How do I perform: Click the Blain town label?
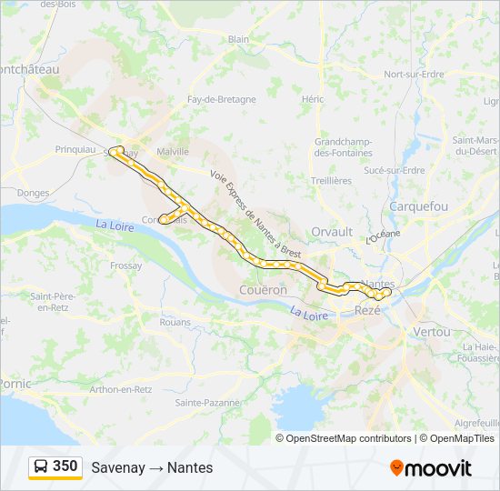[x=238, y=39]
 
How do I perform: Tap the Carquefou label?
[x=418, y=206]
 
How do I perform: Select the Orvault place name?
[x=332, y=232]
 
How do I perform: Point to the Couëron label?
[x=263, y=290]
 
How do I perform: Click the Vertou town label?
[x=431, y=332]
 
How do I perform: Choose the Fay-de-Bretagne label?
[x=215, y=99]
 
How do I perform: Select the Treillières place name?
[x=331, y=181]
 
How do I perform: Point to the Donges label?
[x=33, y=193]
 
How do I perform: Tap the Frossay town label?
[x=125, y=266]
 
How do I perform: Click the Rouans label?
[x=175, y=322]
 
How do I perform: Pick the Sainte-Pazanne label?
[x=208, y=402]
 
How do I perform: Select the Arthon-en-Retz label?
[x=120, y=389]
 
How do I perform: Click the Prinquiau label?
[x=75, y=149]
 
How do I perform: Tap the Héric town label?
[x=313, y=99]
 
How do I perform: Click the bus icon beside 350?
[x=41, y=467]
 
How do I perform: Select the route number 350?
[x=65, y=466]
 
